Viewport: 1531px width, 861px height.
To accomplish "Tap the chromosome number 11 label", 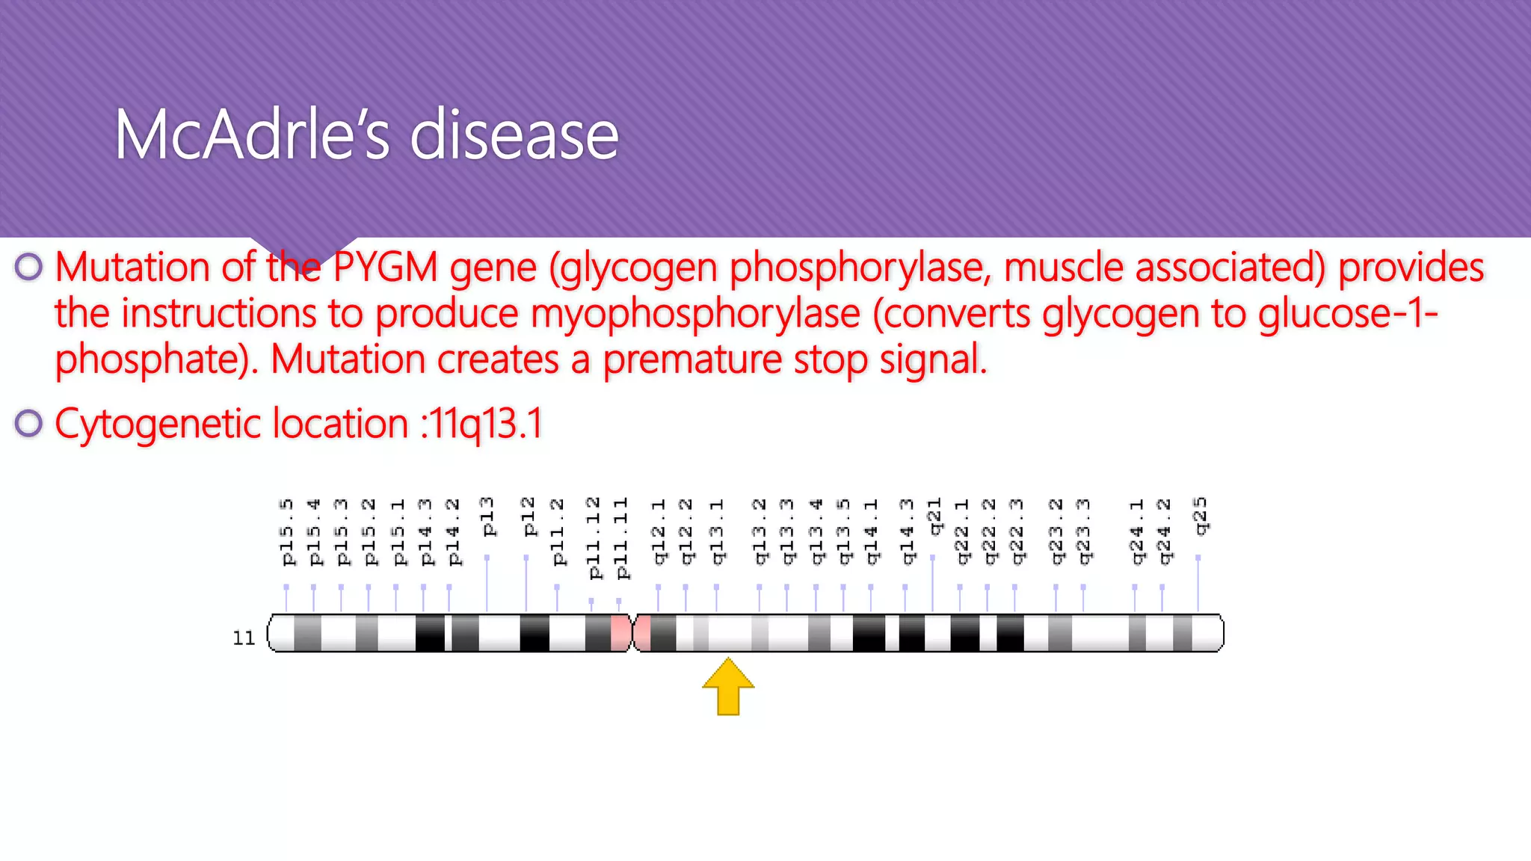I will pyautogui.click(x=244, y=638).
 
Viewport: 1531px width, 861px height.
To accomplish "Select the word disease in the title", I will pyautogui.click(x=514, y=135).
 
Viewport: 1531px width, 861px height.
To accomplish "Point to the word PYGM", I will pyautogui.click(x=385, y=268).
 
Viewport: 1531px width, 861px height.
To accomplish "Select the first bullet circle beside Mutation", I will pyautogui.click(x=28, y=267).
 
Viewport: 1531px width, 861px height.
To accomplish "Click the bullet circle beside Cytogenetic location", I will pyautogui.click(x=28, y=424).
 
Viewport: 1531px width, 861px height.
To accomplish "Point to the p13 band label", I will pyautogui.click(x=487, y=517).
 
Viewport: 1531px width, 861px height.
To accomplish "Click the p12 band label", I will pyautogui.click(x=529, y=517).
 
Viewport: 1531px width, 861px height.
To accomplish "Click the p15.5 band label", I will pyautogui.click(x=287, y=532).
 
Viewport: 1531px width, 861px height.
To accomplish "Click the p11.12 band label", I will pyautogui.click(x=593, y=538).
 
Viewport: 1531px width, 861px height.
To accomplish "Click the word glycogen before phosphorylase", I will pyautogui.click(x=635, y=268).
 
